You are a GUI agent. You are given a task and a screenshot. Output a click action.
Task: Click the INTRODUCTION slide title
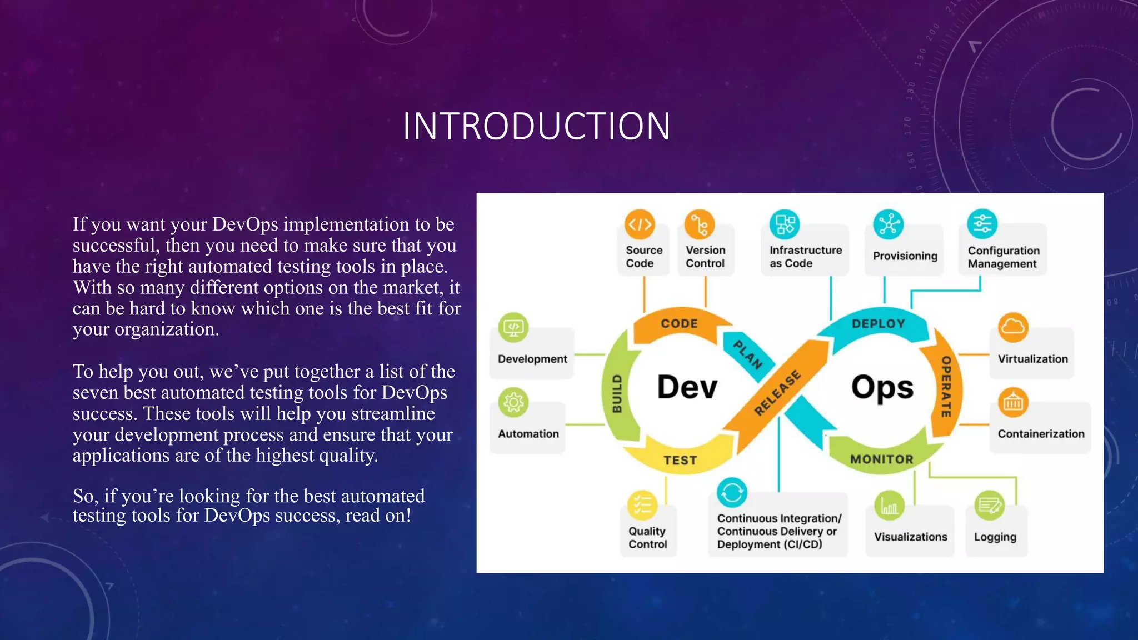coord(536,126)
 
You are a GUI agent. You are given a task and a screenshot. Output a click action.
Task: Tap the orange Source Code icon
coord(640,224)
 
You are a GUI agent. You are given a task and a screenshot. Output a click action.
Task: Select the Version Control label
coord(705,257)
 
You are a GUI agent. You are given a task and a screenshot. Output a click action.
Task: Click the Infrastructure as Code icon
coord(784,224)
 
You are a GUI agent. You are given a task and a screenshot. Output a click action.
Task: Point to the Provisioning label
coord(905,256)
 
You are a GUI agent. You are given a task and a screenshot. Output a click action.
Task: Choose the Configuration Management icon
coord(982,224)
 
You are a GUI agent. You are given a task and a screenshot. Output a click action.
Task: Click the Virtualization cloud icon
coord(1013,327)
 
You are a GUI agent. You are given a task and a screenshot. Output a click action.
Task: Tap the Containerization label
coord(1041,434)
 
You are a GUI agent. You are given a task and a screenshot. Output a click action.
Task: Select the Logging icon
coord(990,506)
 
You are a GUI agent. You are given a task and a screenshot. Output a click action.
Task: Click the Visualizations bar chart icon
coord(889,506)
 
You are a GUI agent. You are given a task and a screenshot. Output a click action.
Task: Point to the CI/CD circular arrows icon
coord(732,492)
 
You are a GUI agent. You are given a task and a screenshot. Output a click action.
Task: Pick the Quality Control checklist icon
coord(642,506)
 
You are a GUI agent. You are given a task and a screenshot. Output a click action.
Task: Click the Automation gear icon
coord(513,402)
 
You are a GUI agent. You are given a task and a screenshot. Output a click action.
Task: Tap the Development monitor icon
coord(513,327)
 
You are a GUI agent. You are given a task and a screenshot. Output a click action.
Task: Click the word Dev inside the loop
coord(687,387)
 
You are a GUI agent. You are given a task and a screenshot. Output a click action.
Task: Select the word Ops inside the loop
coord(882,387)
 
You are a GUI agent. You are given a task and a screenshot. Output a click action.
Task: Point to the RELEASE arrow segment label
coord(777,393)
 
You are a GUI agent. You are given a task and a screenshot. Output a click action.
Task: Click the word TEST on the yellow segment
coord(680,460)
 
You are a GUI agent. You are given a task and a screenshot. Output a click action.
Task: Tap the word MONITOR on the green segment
coord(882,459)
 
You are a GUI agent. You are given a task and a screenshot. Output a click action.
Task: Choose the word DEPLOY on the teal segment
coord(879,324)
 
